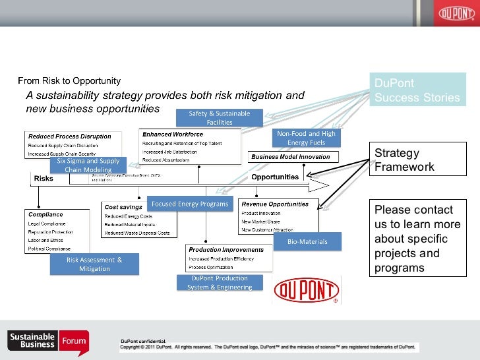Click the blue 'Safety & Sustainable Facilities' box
coord(220,118)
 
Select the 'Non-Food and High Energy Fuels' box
coord(306,138)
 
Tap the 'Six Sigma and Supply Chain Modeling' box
coord(88,165)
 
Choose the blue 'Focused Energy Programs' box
coord(190,204)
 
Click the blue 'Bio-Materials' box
coord(307,242)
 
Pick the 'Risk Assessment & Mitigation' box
coord(94,264)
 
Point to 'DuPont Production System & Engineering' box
coord(220,283)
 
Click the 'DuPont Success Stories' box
coord(417,90)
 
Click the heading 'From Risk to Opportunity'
coord(69,81)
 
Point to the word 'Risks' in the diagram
coord(44,178)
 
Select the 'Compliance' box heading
coord(45,215)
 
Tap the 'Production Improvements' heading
coord(226,250)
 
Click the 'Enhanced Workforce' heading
coord(168,135)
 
